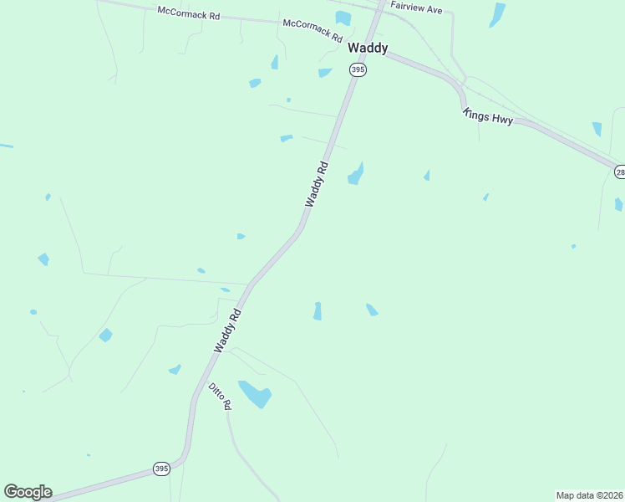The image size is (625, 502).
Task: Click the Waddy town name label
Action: tap(368, 49)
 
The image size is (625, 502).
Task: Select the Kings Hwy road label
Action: tap(488, 116)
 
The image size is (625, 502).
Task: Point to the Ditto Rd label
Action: tap(220, 396)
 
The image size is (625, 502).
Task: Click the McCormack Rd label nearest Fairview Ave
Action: tap(312, 31)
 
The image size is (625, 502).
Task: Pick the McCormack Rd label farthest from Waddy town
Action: tap(188, 14)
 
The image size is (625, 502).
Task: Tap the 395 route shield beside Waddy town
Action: tap(358, 69)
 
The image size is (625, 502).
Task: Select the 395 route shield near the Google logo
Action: tap(161, 469)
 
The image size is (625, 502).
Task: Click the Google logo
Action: tap(28, 492)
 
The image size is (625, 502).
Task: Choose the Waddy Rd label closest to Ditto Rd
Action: tap(227, 330)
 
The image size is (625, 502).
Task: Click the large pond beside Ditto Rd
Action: tap(256, 393)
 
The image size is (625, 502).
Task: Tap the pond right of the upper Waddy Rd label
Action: tap(356, 175)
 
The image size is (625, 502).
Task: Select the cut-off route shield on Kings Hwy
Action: tap(620, 172)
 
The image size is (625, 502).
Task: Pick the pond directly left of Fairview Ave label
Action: tap(343, 18)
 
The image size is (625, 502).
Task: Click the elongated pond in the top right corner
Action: tap(497, 14)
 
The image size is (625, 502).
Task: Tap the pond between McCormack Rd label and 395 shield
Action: tap(324, 73)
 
